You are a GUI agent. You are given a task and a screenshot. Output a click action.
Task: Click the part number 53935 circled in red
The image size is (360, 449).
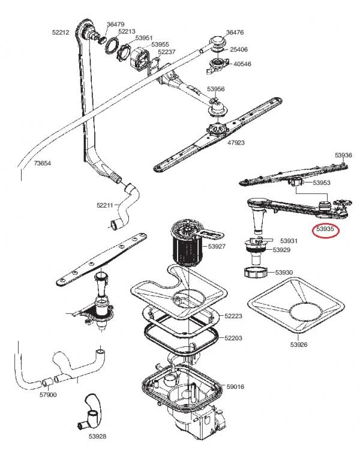point(325,229)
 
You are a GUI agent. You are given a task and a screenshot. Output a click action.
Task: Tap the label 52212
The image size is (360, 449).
point(61,32)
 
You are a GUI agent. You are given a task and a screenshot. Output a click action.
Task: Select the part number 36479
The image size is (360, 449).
point(116,25)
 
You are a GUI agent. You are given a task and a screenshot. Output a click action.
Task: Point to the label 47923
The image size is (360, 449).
point(236,142)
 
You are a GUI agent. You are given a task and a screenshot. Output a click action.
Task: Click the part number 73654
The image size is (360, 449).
point(43,163)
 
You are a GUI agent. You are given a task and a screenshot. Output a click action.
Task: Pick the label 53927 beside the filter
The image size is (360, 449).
point(217,246)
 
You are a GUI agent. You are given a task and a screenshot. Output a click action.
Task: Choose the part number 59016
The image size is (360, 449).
point(235,387)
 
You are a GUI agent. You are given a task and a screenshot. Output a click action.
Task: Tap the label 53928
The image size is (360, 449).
point(97,436)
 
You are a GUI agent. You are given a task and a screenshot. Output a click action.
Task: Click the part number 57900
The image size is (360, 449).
point(48,394)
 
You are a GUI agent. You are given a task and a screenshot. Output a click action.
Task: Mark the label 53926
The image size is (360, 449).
point(299,345)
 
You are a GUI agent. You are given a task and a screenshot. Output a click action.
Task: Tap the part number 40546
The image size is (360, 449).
point(242,64)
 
